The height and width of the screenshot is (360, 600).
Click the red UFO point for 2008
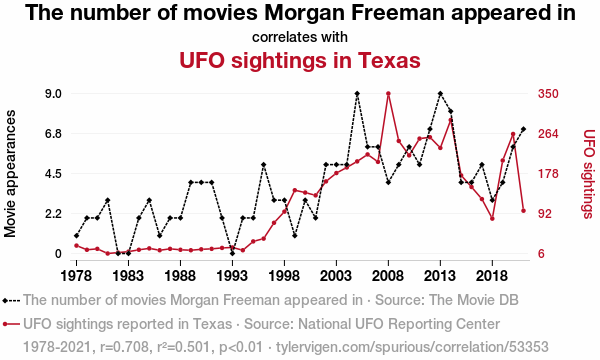(x=388, y=94)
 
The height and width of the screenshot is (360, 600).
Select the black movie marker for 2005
(x=357, y=94)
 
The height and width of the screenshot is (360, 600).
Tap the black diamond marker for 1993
(x=232, y=253)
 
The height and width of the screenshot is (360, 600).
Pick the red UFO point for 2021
(x=523, y=211)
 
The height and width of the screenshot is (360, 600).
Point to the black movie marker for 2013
(x=440, y=94)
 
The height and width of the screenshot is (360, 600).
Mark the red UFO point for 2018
(x=492, y=218)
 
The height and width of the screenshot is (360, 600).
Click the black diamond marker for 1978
(x=77, y=236)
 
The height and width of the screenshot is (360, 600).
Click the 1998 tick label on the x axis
(x=284, y=276)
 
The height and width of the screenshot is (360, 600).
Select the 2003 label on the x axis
(x=336, y=276)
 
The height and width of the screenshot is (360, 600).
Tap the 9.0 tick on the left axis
(x=54, y=94)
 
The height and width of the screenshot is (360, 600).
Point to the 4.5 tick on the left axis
(x=54, y=174)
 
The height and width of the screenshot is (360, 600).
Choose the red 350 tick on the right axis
(x=548, y=94)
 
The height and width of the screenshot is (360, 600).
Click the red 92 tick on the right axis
(x=545, y=213)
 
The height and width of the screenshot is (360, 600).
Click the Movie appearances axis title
(x=10, y=174)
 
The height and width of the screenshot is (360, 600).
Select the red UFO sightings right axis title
(x=589, y=174)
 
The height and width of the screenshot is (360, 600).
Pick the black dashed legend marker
(x=11, y=301)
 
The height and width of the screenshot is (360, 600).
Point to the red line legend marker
(x=11, y=324)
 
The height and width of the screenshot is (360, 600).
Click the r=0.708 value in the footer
(x=124, y=347)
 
